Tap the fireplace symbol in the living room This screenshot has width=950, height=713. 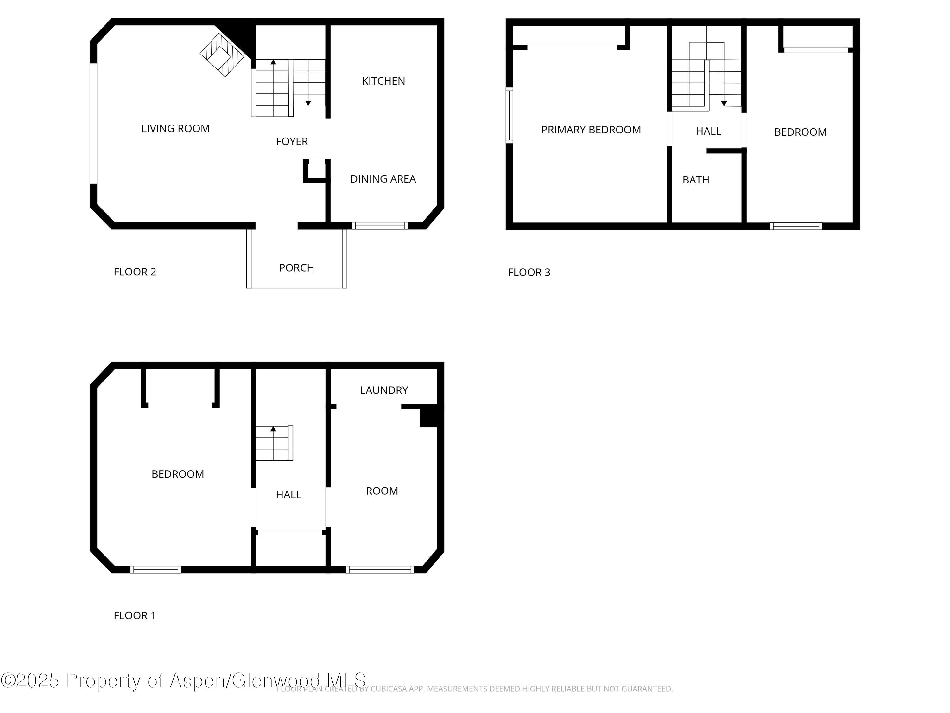(x=222, y=55)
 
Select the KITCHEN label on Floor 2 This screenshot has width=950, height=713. (x=383, y=81)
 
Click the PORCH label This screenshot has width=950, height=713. (x=296, y=268)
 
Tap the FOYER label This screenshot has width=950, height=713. (x=292, y=141)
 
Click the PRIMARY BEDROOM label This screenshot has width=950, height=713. (x=591, y=130)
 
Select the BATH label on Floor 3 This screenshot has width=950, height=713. (x=695, y=180)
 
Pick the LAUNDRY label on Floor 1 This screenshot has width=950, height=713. (x=383, y=390)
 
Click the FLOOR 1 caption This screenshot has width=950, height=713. (x=135, y=615)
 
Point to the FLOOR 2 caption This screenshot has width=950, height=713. (x=135, y=272)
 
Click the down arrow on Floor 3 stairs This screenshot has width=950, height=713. (x=724, y=103)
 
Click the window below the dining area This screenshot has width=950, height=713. (x=380, y=226)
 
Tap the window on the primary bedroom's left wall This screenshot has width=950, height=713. (x=509, y=115)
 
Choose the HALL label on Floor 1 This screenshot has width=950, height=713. (x=288, y=495)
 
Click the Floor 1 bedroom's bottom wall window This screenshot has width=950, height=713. (x=155, y=569)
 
